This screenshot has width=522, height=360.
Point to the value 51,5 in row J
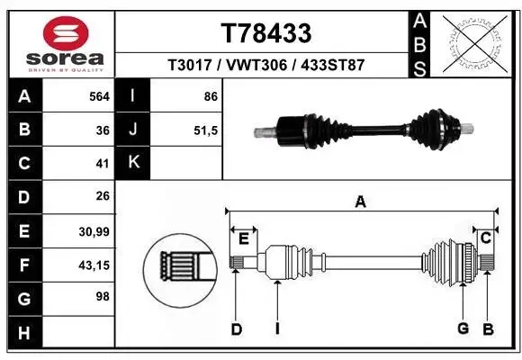206,129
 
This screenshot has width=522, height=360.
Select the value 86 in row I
211,95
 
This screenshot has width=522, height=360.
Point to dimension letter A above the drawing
360,203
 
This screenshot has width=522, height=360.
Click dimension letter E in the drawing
244,238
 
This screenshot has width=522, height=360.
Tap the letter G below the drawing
463,328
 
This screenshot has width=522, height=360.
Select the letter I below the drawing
277,328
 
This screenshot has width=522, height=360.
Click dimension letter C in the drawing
485,238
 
